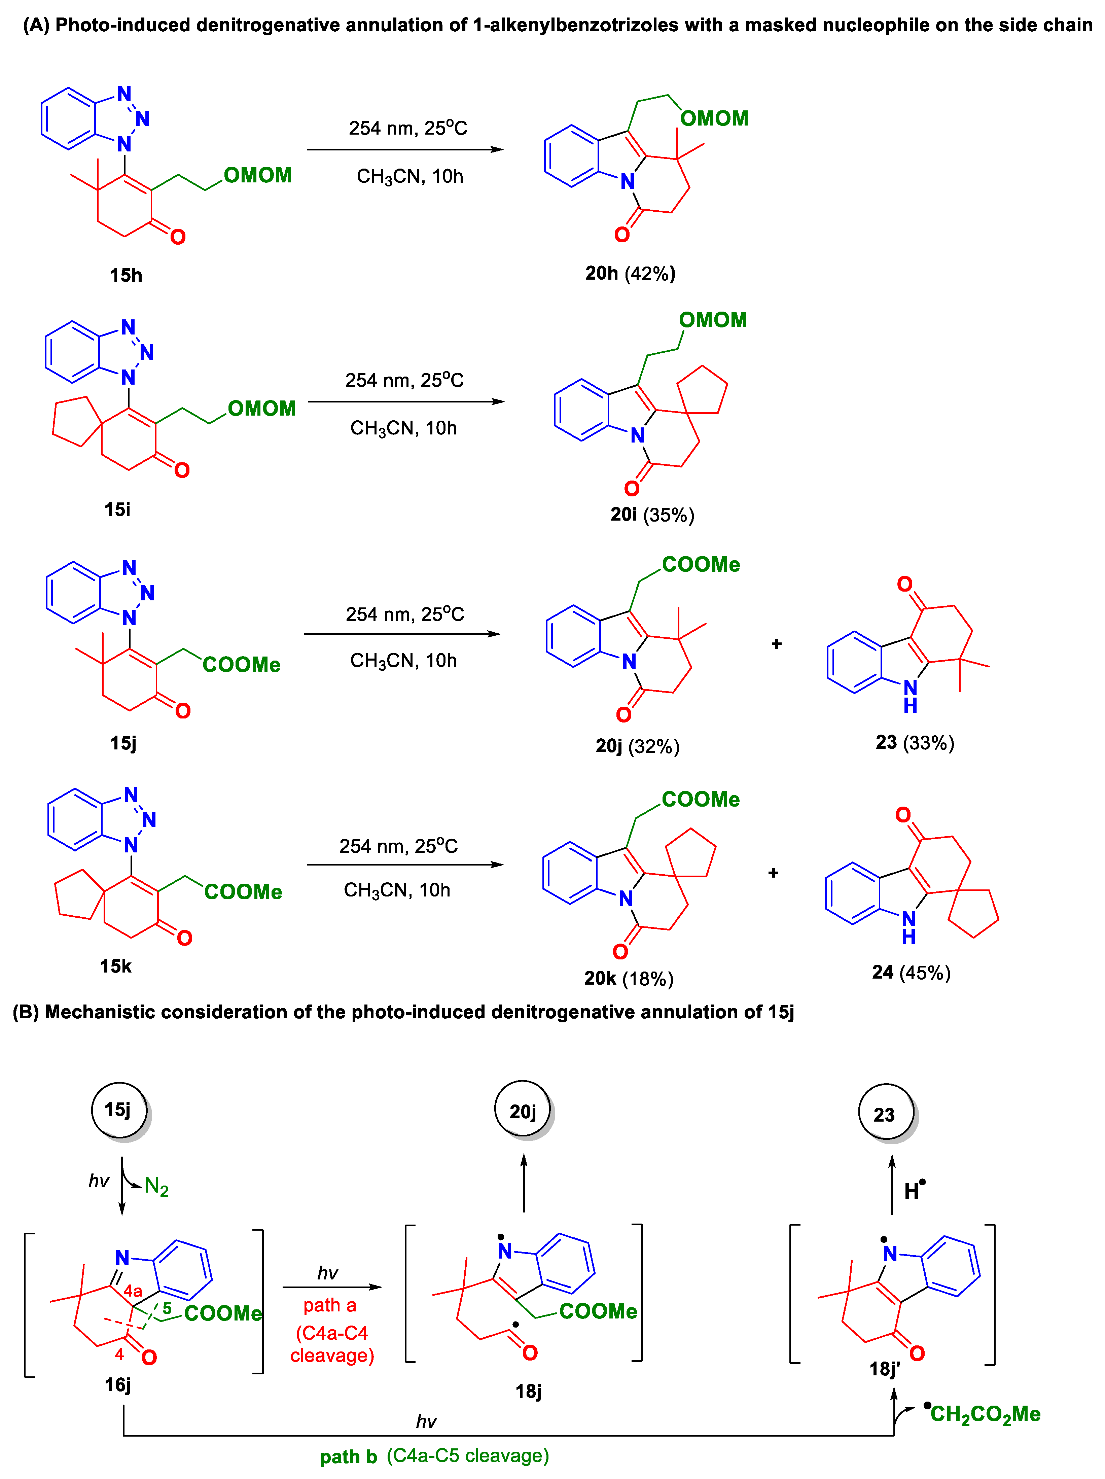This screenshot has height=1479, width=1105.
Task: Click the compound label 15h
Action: pyautogui.click(x=126, y=275)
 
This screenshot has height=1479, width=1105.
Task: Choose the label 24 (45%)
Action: pyautogui.click(x=911, y=972)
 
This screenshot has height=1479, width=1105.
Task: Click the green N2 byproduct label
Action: pyautogui.click(x=156, y=1187)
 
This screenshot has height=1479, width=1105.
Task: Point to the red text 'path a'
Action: pyautogui.click(x=329, y=1305)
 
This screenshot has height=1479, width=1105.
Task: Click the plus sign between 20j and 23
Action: pyautogui.click(x=776, y=644)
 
